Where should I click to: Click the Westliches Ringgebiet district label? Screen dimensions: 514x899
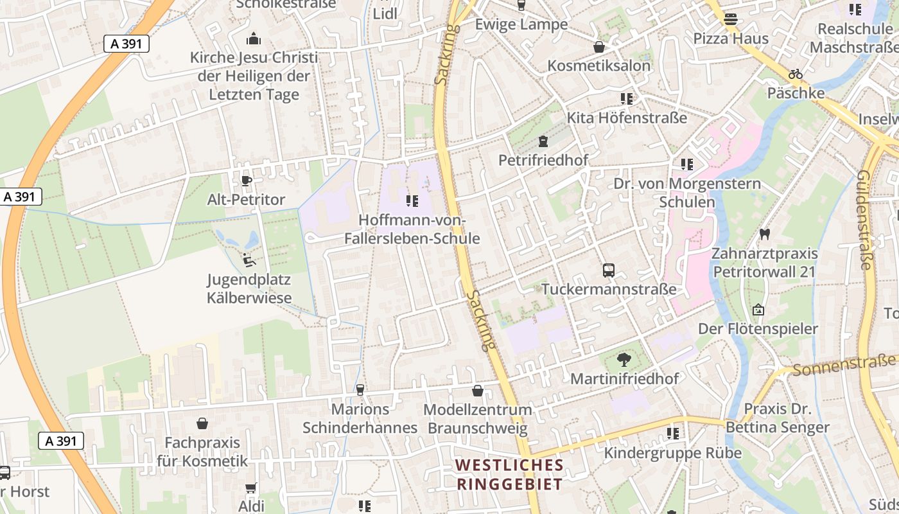tap(509, 474)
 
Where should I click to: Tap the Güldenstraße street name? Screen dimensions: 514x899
tap(865, 220)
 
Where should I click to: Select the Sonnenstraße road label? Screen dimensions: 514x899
tap(844, 365)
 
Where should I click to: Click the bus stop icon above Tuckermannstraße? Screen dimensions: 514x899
tap(609, 270)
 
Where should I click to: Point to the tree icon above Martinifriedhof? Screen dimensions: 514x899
tap(624, 359)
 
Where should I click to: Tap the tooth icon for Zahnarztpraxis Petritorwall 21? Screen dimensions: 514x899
tap(764, 234)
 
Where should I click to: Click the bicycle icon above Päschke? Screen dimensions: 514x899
tap(796, 74)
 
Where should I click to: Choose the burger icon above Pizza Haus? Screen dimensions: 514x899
tap(730, 19)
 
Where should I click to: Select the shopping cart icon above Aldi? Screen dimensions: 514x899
tap(251, 488)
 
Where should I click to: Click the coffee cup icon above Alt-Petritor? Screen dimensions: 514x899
tap(246, 181)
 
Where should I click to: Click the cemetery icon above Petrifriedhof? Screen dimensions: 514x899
tap(543, 141)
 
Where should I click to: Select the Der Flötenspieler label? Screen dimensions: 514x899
tap(758, 329)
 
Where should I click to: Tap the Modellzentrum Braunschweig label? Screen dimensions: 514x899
tap(478, 419)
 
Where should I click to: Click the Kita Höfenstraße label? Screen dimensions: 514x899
tap(627, 118)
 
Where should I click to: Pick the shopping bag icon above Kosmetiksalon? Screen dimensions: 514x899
tap(599, 47)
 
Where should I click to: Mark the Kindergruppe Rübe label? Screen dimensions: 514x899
tap(673, 453)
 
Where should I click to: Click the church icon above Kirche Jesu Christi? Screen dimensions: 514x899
tap(254, 39)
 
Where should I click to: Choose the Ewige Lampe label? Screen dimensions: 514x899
tap(521, 24)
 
